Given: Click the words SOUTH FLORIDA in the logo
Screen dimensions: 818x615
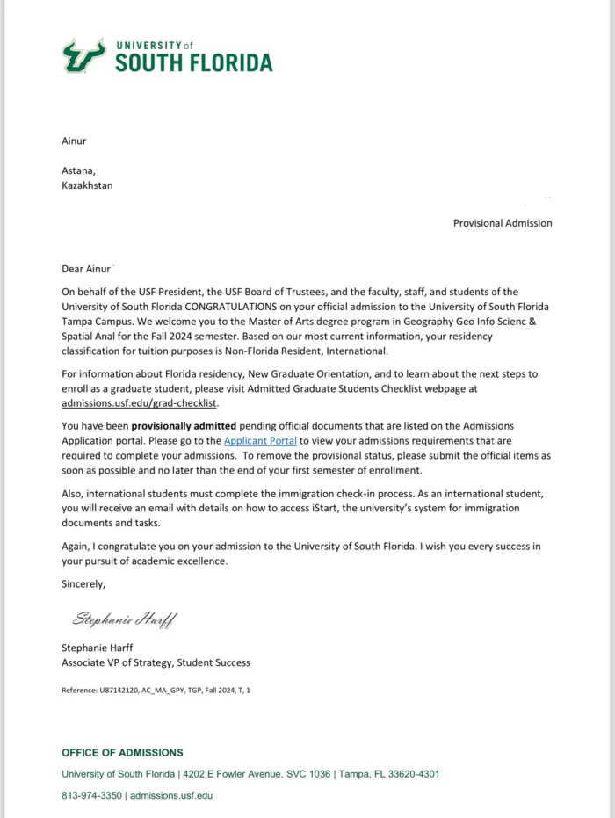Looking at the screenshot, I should coord(193,63).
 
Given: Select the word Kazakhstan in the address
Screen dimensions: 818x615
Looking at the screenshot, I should coord(87,185).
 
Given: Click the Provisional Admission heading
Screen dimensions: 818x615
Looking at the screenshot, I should coord(503,223).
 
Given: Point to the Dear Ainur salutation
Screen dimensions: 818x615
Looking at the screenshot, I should coord(86,269).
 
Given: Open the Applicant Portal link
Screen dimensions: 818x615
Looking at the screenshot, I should coord(260,440).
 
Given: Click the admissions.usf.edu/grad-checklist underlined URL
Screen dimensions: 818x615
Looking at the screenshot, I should coord(138,403).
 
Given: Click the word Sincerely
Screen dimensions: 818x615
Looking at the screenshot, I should coord(83,583).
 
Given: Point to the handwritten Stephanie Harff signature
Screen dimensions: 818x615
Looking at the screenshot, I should coord(124,619).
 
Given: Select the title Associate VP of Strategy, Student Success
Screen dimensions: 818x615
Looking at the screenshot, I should coord(156,662).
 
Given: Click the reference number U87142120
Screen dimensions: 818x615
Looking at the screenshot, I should coord(114,691).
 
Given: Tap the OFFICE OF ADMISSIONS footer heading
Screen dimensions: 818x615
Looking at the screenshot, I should coord(122,753).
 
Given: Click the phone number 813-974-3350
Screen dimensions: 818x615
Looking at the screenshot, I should coord(92,795).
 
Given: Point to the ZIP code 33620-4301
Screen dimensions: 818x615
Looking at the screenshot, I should coord(412,774).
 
